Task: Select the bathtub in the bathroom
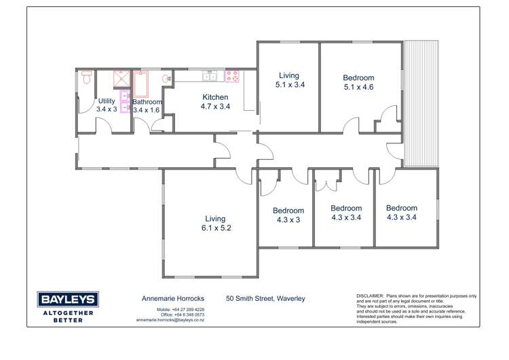(x=142, y=85)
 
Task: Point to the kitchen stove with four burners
(x=232, y=75)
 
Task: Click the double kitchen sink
(x=208, y=76)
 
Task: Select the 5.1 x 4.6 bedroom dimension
(x=358, y=87)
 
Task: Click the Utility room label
(x=107, y=101)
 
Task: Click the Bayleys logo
(x=68, y=300)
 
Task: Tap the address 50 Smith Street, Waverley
(x=265, y=298)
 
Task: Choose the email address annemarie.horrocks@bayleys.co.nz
(x=170, y=319)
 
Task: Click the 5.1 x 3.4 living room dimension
(x=289, y=85)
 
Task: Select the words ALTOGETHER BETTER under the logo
(x=68, y=316)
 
